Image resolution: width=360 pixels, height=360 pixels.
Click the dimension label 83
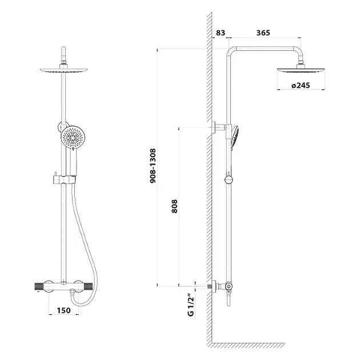click(221, 33)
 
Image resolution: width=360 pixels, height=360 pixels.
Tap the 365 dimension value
click(263, 33)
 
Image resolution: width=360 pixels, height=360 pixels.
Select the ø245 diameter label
click(301, 85)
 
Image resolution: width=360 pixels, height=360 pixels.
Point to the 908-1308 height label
click(153, 166)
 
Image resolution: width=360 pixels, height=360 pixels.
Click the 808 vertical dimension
click(174, 206)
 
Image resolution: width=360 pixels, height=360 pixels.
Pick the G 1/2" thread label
click(191, 305)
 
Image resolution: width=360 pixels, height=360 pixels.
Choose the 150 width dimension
click(63, 310)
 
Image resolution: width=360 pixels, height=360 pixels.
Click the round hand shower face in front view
click(73, 138)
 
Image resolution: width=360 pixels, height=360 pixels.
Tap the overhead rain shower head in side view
click(301, 70)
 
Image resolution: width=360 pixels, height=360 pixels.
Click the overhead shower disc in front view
click(64, 70)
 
